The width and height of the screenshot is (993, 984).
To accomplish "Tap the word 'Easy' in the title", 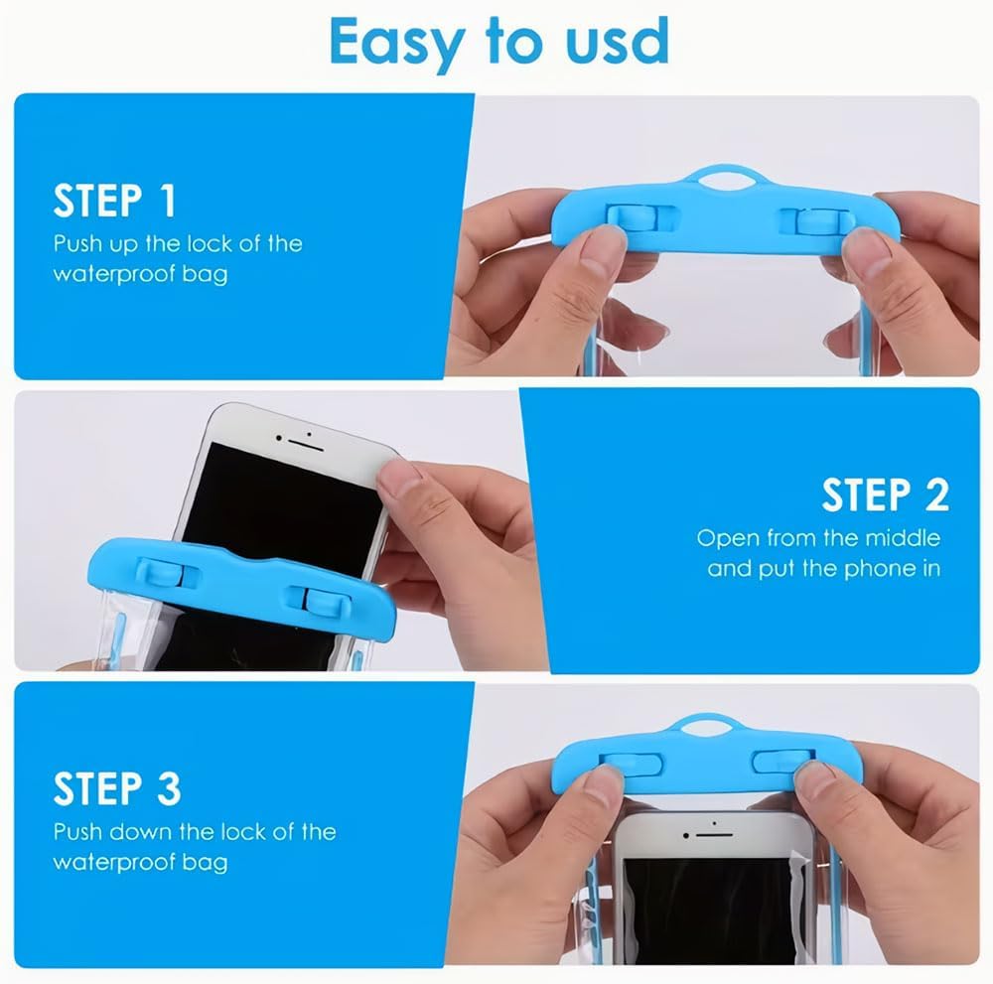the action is [397, 43].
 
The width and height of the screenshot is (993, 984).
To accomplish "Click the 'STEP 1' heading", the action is [114, 201].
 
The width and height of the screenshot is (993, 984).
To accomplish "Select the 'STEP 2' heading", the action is [886, 494].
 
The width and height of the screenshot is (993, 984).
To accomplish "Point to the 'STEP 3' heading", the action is [117, 788].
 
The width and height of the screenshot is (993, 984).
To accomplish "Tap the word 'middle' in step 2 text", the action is [903, 537].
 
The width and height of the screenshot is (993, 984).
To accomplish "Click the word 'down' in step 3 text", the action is [141, 831].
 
